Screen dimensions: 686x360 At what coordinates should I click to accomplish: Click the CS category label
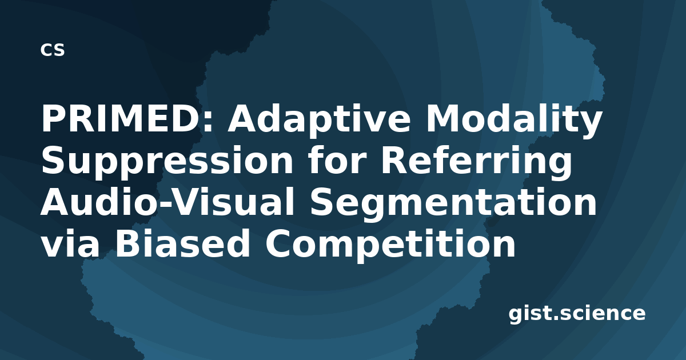(53, 50)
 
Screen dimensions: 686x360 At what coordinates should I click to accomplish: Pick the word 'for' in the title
(337, 160)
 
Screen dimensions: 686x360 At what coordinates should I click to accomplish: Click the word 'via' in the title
(70, 243)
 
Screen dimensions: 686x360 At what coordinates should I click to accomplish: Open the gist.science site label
(577, 314)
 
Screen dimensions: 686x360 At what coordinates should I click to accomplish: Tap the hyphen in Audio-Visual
(167, 205)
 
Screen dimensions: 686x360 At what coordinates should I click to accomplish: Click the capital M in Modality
(442, 118)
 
